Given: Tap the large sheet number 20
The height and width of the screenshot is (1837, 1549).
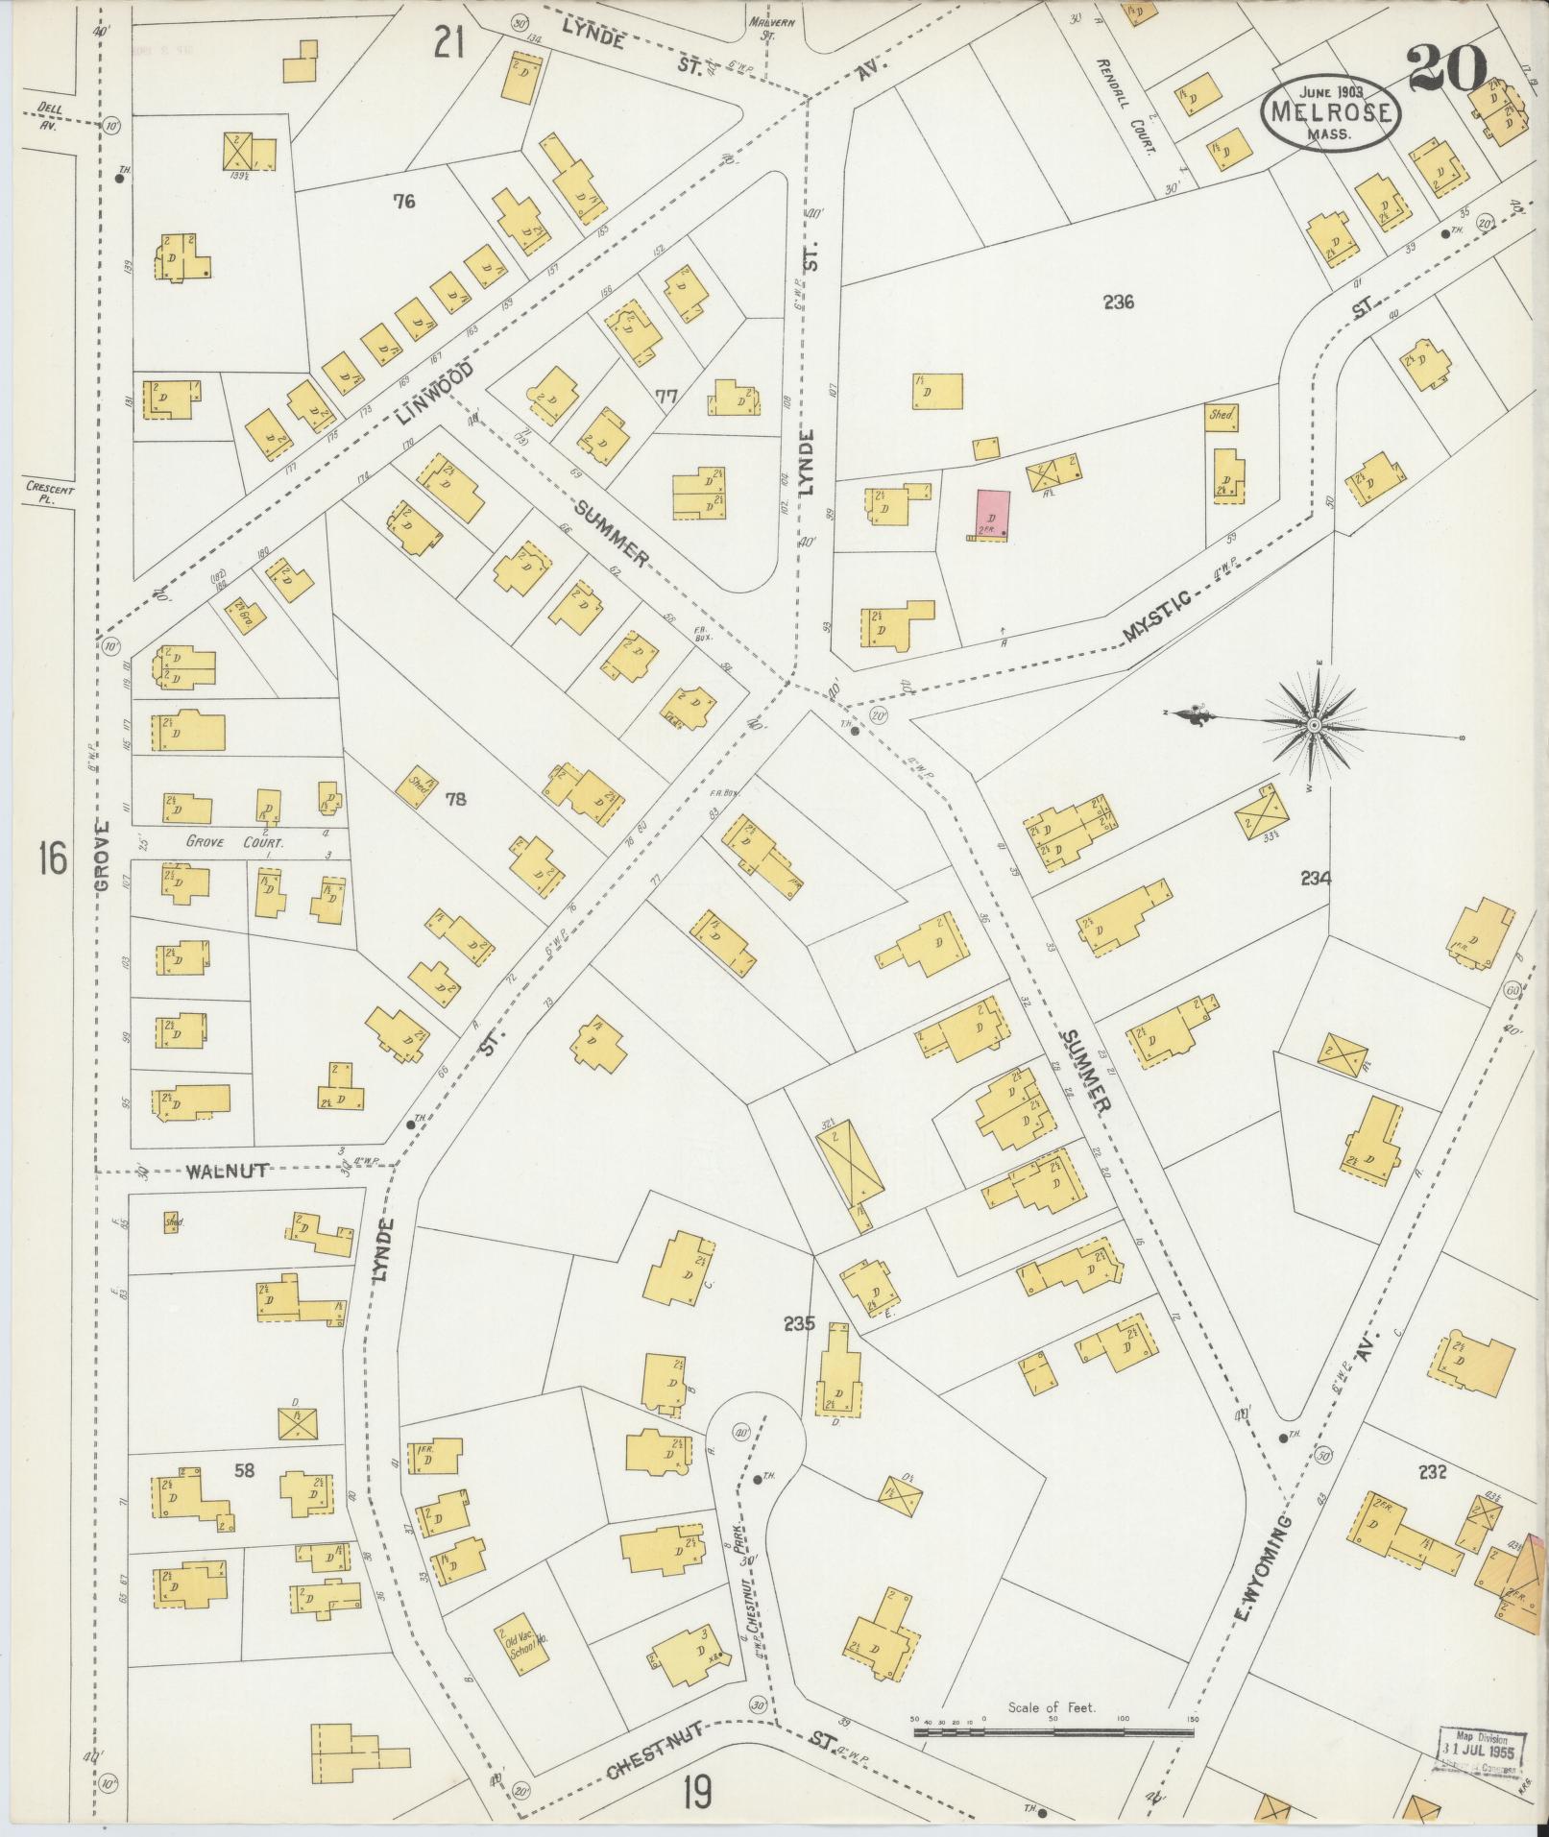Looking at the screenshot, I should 1448,71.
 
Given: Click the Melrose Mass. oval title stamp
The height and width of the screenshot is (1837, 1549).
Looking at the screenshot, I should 1330,113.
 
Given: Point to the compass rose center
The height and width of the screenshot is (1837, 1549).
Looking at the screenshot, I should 1312,725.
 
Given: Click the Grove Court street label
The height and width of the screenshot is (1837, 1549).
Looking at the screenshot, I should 224,842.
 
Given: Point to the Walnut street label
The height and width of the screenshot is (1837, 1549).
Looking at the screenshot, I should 227,1171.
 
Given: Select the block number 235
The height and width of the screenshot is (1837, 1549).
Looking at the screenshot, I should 798,1324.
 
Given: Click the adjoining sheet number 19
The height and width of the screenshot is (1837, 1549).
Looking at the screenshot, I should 697,1791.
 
